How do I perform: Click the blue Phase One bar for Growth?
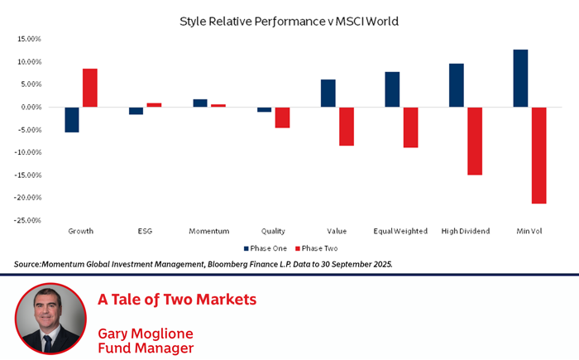pos(72,119)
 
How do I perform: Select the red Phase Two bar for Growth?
pos(89,88)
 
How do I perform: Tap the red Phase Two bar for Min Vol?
pos(538,155)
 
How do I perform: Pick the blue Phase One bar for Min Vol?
pos(520,78)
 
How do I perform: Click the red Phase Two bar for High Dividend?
pos(474,141)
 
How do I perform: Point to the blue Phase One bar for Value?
pos(328,93)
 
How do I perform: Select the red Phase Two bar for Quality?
pos(282,117)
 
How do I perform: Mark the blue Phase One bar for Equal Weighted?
pos(392,89)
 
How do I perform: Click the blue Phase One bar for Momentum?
pos(200,103)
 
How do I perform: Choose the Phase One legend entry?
pos(266,247)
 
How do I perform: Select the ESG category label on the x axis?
pos(145,231)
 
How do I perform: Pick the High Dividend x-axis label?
pos(466,231)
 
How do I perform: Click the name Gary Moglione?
pos(146,333)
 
